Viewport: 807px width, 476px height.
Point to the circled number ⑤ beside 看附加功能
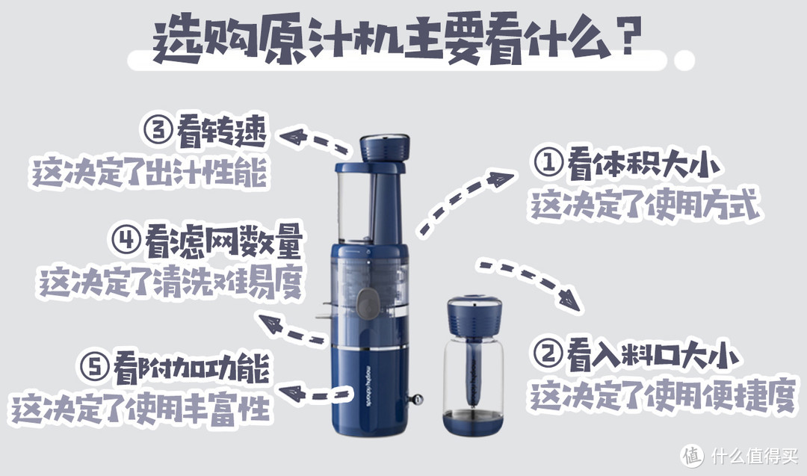tap(95, 368)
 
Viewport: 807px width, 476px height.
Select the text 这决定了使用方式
tap(644, 204)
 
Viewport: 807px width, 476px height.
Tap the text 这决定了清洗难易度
tap(170, 282)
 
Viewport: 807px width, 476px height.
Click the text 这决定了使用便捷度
tap(661, 397)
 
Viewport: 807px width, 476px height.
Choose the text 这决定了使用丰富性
tap(140, 409)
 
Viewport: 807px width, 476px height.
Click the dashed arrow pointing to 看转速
tap(314, 140)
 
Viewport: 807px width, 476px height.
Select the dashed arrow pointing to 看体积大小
tap(465, 202)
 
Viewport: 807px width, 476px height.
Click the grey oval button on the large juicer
tap(368, 304)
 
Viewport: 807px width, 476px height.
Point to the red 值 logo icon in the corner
tap(693, 454)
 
